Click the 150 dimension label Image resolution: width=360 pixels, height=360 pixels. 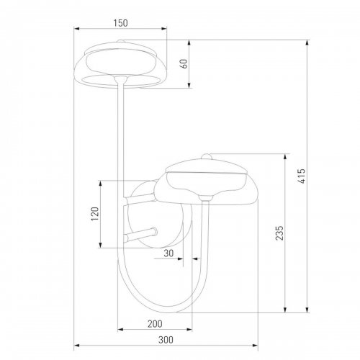[120, 23]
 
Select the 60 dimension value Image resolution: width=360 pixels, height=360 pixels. [184, 63]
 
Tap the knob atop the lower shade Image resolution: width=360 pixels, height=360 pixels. [206, 156]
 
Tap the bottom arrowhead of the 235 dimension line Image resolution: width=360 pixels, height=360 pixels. [288, 310]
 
